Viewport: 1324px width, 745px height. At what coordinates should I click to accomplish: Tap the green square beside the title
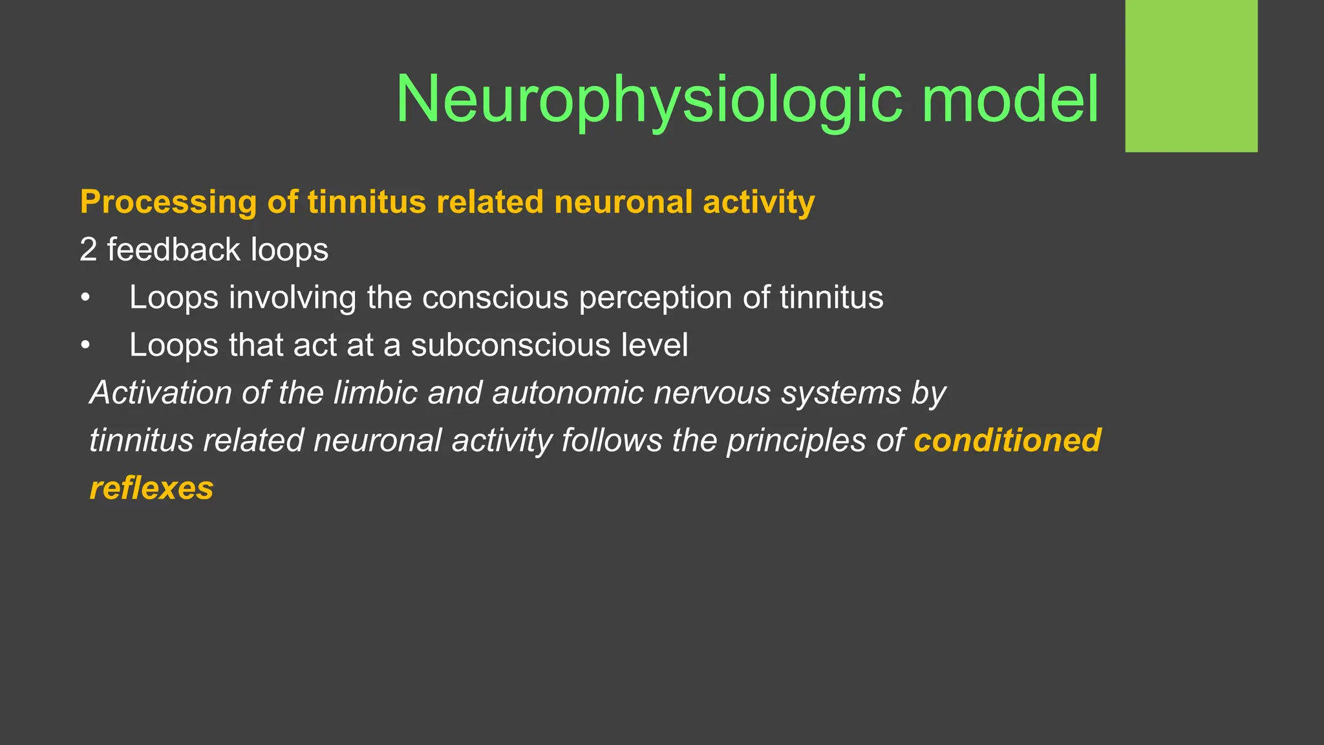point(1191,76)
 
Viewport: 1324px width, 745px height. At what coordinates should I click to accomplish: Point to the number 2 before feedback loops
point(88,250)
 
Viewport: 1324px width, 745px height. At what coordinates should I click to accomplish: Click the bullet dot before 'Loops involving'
point(85,298)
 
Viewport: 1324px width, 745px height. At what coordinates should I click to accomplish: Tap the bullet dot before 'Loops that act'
point(85,346)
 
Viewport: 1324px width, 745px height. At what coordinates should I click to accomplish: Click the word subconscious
point(510,345)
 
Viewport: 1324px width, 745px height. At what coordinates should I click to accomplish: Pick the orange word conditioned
point(1007,440)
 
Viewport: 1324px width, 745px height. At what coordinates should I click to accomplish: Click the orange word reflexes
point(151,488)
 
